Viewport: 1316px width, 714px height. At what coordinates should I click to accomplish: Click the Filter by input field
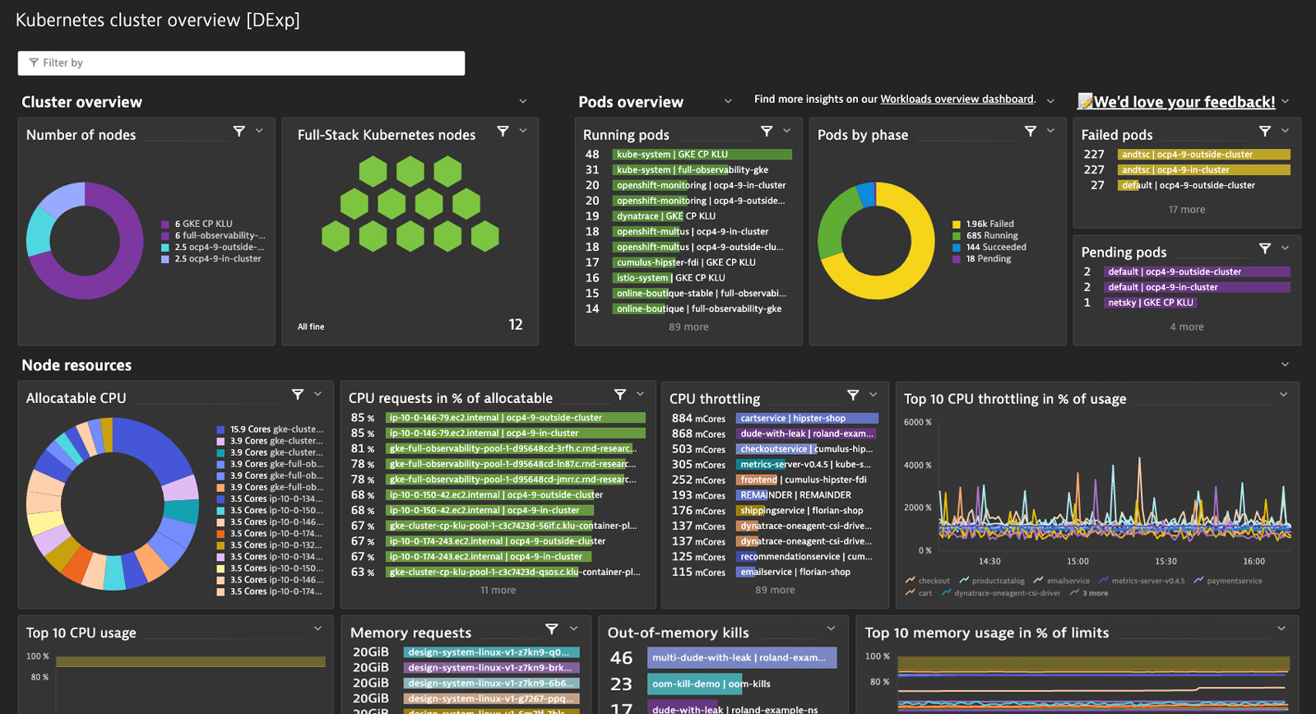(241, 63)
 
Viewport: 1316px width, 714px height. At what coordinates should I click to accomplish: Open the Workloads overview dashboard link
(957, 100)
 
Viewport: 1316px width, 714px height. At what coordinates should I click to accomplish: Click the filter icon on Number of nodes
(239, 132)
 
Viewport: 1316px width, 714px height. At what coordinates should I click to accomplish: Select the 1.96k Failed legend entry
(989, 224)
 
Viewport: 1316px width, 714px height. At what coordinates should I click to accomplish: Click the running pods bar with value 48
(702, 155)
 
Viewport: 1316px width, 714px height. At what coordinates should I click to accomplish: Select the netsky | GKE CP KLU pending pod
(1149, 303)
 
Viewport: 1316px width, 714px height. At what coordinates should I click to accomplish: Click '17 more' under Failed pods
(1186, 210)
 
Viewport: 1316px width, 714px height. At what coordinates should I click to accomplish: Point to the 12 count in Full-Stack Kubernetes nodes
(516, 325)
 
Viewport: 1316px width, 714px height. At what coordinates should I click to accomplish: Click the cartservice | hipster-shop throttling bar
(806, 419)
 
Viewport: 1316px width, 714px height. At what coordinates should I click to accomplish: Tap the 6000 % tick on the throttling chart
(917, 423)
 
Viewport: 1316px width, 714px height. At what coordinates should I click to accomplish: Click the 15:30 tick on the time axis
(1165, 562)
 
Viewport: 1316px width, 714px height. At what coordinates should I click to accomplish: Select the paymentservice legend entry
(1234, 581)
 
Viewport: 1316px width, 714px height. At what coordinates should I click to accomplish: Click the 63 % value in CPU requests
(362, 573)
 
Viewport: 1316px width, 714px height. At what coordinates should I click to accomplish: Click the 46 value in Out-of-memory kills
(621, 658)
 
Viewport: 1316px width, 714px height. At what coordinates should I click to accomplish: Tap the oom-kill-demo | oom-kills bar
(709, 684)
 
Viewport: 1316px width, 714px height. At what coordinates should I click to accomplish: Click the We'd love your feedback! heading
(1184, 102)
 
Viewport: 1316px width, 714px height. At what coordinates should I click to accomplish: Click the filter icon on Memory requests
(552, 629)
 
